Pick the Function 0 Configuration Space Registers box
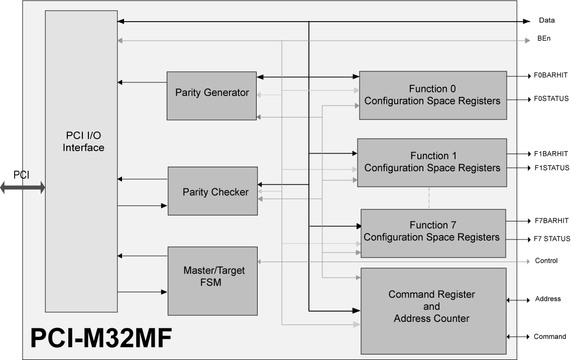point(432,95)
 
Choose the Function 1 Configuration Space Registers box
point(432,162)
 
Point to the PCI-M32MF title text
point(101,338)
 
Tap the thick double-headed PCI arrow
point(23,188)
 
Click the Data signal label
point(547,21)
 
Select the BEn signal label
point(544,39)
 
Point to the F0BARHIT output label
point(551,75)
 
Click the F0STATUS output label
point(551,99)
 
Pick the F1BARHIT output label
point(551,154)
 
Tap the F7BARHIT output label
point(551,220)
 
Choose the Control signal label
point(546,261)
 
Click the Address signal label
point(548,299)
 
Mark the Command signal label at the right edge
point(549,336)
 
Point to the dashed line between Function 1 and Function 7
point(429,198)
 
